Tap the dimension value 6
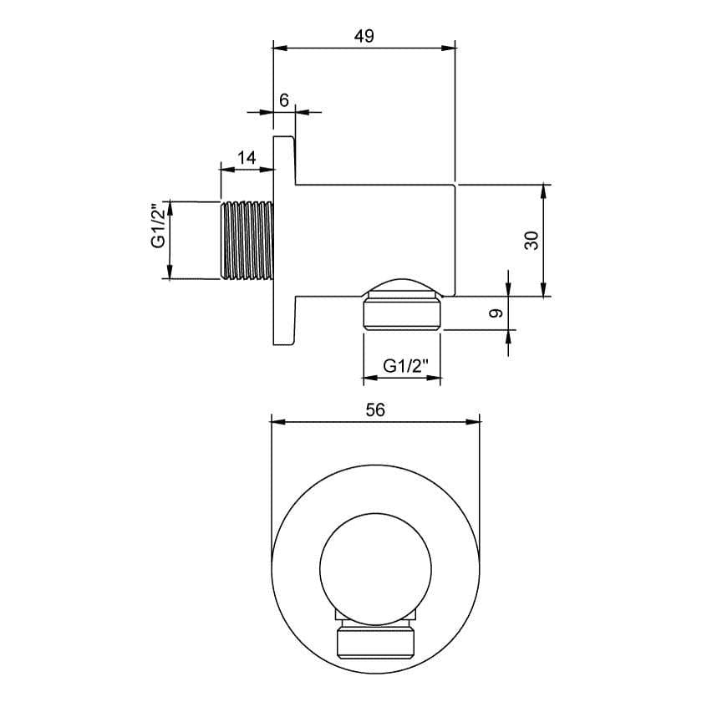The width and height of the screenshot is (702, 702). [x=284, y=99]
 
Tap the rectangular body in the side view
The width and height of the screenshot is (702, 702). [x=376, y=239]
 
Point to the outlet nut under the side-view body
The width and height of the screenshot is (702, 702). [x=402, y=316]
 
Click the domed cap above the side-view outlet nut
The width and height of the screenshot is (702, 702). [x=402, y=286]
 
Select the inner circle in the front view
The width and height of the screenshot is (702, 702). [x=375, y=560]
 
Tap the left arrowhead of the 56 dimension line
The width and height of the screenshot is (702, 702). [x=278, y=422]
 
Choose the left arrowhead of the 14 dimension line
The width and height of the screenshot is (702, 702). [x=225, y=169]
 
